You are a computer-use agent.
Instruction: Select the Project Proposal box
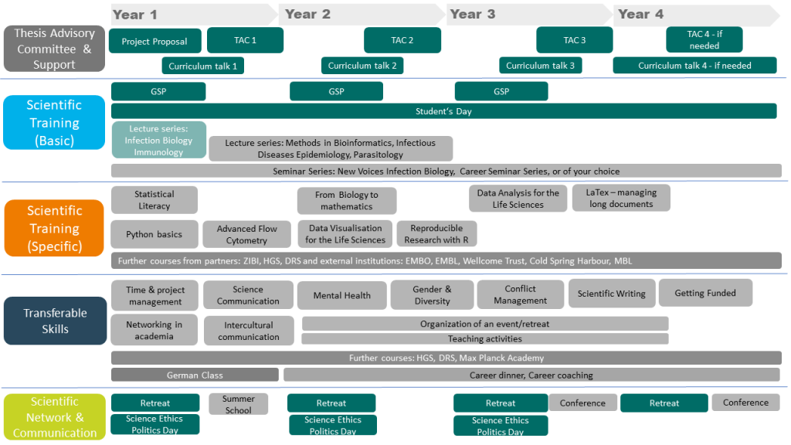click(154, 42)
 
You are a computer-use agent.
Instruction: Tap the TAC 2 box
click(402, 40)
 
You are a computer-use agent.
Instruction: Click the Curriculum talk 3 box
click(540, 66)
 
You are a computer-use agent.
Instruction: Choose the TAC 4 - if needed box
click(704, 39)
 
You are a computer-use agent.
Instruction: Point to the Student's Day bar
click(443, 111)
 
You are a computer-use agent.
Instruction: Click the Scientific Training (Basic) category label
click(53, 122)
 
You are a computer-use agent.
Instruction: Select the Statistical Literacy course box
click(154, 200)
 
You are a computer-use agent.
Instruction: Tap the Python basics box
click(154, 234)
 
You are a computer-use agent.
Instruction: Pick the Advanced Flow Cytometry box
click(247, 235)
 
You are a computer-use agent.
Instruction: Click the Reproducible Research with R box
click(437, 234)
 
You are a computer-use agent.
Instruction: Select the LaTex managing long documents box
click(621, 199)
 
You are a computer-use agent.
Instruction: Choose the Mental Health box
click(341, 295)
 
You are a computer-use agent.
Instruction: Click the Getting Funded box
click(705, 293)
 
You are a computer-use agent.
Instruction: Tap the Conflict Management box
click(520, 294)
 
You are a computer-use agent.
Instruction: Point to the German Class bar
click(195, 375)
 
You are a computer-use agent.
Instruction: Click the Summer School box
click(238, 404)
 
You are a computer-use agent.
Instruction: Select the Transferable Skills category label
click(55, 321)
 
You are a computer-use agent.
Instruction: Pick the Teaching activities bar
click(484, 338)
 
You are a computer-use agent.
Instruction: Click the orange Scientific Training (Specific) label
click(54, 228)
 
